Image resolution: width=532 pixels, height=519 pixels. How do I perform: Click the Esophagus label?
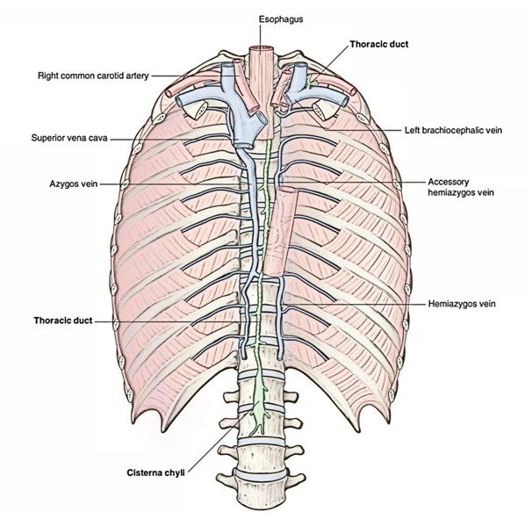(281, 19)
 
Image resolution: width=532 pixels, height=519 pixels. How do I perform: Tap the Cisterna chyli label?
(155, 472)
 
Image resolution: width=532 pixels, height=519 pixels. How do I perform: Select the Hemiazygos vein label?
(462, 304)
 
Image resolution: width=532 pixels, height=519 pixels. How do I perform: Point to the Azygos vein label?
(73, 184)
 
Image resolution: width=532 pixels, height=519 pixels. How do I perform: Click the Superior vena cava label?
(69, 138)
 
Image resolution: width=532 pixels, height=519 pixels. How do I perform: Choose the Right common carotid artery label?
(93, 76)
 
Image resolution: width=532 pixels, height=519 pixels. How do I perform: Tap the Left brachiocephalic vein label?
(453, 130)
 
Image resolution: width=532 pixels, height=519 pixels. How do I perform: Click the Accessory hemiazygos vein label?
(460, 187)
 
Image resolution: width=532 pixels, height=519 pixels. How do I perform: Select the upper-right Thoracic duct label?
(379, 44)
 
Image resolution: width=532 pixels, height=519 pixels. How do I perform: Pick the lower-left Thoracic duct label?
(62, 321)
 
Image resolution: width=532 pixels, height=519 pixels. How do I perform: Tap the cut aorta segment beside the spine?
(282, 231)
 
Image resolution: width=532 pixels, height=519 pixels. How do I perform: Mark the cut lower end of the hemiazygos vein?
(279, 357)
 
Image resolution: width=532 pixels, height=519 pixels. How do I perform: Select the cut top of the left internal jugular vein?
(300, 65)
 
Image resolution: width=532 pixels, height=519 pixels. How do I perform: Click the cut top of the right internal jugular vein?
(227, 66)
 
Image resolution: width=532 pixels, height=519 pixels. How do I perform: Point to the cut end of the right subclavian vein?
(179, 101)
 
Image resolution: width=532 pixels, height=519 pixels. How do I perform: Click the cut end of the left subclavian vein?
(345, 101)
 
